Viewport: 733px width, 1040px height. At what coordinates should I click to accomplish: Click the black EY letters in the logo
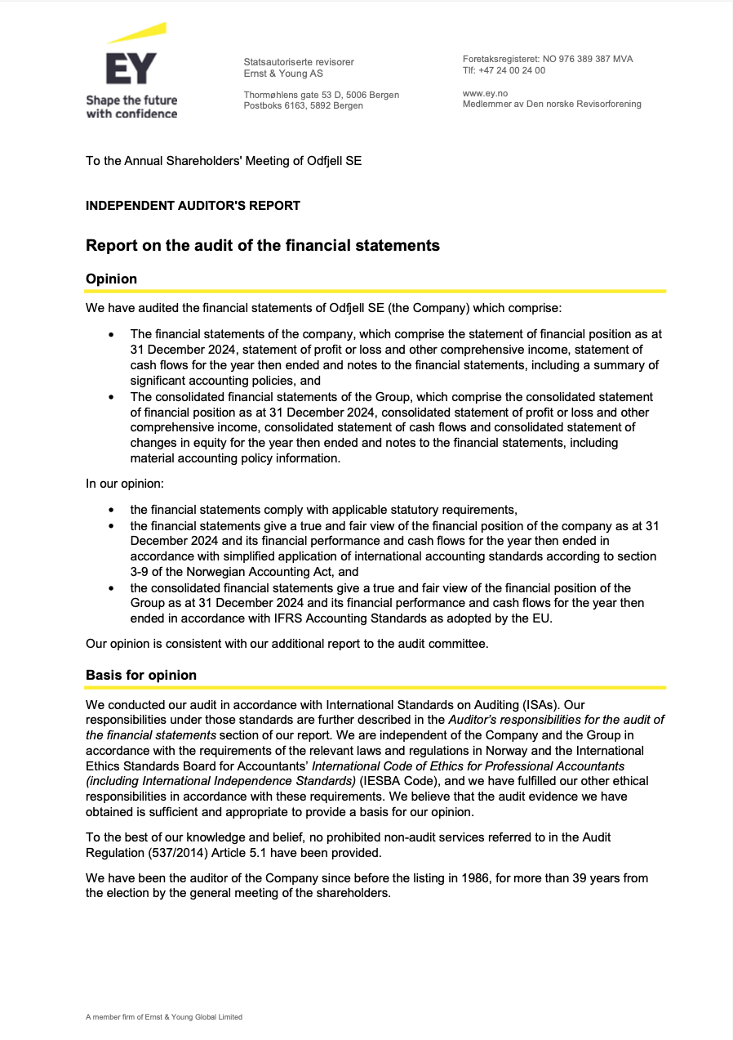pyautogui.click(x=131, y=70)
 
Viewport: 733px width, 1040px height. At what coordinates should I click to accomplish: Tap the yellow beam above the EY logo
pyautogui.click(x=136, y=33)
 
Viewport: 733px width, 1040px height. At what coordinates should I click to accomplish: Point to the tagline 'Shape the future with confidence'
pyautogui.click(x=131, y=107)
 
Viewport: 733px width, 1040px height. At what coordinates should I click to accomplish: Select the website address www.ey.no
pyautogui.click(x=485, y=94)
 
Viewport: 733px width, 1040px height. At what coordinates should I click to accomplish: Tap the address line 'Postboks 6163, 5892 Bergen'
pyautogui.click(x=303, y=105)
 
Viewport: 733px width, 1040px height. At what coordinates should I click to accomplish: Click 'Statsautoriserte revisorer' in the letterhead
pyautogui.click(x=299, y=62)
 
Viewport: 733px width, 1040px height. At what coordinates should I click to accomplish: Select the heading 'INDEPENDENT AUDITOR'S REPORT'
pyautogui.click(x=193, y=206)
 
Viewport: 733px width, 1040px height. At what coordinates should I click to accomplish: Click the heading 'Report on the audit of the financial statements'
pyautogui.click(x=263, y=245)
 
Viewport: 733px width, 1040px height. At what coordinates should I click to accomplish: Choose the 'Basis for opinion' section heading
pyautogui.click(x=141, y=675)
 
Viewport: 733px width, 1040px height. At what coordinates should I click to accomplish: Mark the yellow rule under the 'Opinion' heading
pyautogui.click(x=375, y=291)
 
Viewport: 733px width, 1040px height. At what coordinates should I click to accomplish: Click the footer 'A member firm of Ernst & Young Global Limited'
pyautogui.click(x=164, y=1017)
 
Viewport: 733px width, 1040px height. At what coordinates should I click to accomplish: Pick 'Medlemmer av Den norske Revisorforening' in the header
pyautogui.click(x=552, y=105)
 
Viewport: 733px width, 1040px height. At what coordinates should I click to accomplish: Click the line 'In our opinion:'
pyautogui.click(x=125, y=484)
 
